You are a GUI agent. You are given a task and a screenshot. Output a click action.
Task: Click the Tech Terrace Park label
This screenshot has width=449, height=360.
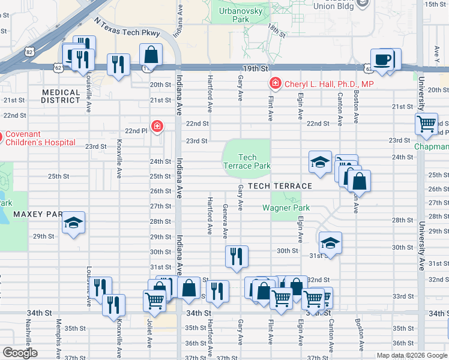(247, 161)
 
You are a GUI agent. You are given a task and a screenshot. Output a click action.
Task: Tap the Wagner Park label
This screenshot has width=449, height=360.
(286, 208)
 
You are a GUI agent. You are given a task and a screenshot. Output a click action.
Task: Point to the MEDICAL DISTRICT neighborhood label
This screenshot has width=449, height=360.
(61, 96)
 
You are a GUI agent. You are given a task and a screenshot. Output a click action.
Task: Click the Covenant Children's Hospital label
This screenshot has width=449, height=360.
(41, 138)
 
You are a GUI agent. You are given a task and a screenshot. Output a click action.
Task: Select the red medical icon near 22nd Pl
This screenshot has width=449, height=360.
(157, 126)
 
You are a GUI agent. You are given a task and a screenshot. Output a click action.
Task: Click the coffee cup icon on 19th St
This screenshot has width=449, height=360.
(382, 59)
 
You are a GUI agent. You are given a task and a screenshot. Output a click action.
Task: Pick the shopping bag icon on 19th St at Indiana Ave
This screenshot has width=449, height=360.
(151, 54)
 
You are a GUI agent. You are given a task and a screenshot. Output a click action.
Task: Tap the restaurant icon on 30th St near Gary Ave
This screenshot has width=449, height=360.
(236, 256)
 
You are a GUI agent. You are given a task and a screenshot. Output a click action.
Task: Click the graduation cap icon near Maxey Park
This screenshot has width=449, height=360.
(74, 224)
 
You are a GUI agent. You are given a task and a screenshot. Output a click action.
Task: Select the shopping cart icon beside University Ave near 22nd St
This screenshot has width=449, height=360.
(426, 124)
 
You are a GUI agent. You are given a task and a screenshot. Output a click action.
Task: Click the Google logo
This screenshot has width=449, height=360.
(20, 353)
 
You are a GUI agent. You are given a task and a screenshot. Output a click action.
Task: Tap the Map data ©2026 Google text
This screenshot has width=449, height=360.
(411, 355)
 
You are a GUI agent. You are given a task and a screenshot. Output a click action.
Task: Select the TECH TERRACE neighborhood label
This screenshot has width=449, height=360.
(280, 186)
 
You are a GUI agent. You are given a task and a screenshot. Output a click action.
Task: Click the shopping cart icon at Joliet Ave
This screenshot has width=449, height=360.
(154, 300)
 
